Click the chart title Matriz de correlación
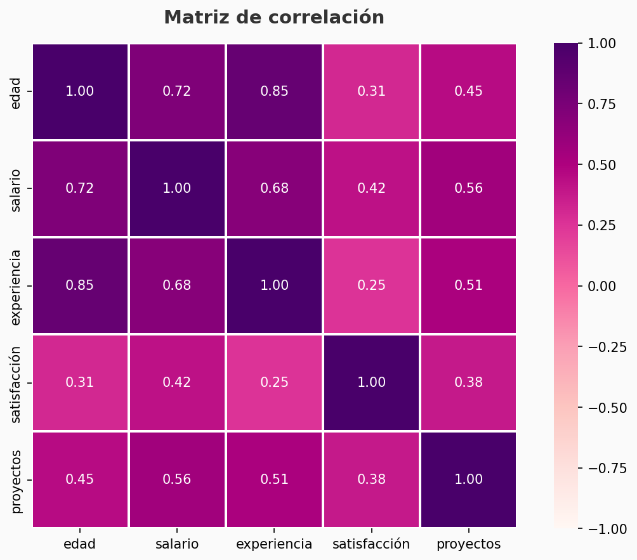click(x=274, y=18)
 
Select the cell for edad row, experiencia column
click(x=274, y=91)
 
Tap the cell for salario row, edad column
click(x=80, y=188)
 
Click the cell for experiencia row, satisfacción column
click(x=371, y=285)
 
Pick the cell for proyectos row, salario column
click(x=177, y=479)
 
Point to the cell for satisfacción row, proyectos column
click(x=468, y=382)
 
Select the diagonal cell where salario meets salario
click(x=177, y=188)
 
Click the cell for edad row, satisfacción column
click(x=371, y=91)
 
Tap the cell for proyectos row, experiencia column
click(x=274, y=479)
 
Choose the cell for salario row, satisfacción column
click(x=371, y=188)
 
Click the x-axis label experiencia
click(x=274, y=544)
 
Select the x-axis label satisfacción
click(x=371, y=544)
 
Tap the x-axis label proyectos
click(x=468, y=544)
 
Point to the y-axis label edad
click(x=16, y=91)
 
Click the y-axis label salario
click(x=16, y=188)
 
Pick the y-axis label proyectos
click(x=16, y=479)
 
